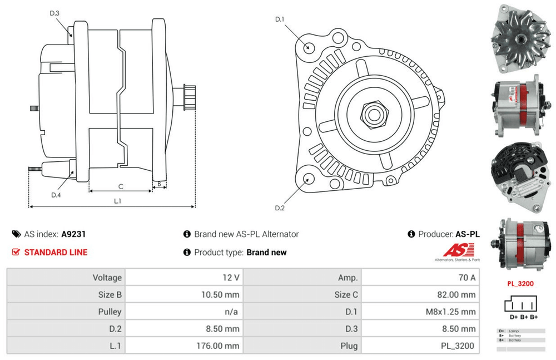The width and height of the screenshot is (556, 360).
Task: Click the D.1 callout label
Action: [280, 19]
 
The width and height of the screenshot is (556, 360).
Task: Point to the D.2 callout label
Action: [280, 208]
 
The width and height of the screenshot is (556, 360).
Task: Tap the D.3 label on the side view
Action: [54, 12]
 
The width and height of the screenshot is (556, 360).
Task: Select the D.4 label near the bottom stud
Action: [56, 195]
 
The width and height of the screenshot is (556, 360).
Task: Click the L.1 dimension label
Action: [118, 201]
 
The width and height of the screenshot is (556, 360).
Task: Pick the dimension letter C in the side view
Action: [120, 186]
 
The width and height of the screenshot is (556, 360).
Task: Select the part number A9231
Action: [73, 234]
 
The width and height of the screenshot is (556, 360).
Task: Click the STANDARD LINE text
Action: [56, 252]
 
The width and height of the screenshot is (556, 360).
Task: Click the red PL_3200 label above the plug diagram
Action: [520, 284]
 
